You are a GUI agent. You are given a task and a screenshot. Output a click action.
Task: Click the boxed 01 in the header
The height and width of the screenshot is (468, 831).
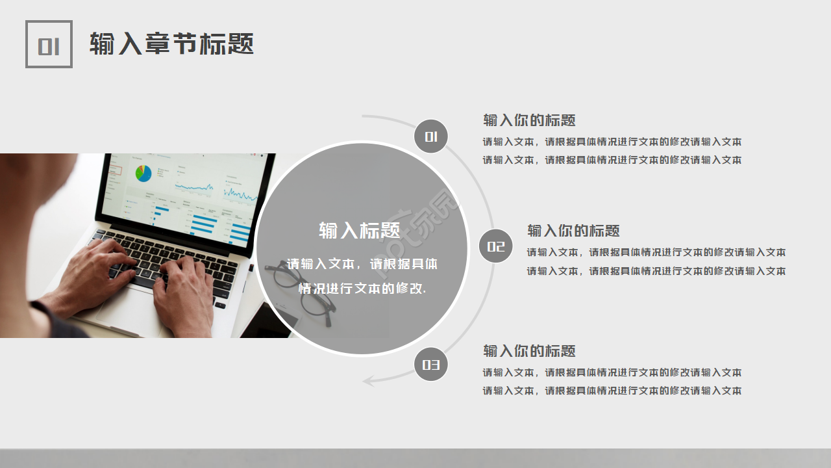pyautogui.click(x=49, y=44)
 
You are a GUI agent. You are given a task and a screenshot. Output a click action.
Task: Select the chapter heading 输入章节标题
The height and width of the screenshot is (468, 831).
pyautogui.click(x=171, y=44)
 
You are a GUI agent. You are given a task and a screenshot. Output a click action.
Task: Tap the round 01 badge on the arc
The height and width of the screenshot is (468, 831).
pyautogui.click(x=431, y=136)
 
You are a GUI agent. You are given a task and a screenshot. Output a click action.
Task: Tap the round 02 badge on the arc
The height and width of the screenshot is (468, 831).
pyautogui.click(x=496, y=246)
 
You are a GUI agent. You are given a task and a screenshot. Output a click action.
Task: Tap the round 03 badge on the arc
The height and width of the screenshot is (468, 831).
pyautogui.click(x=431, y=365)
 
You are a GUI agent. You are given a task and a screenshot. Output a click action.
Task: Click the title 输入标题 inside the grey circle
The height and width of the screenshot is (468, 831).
pyautogui.click(x=360, y=230)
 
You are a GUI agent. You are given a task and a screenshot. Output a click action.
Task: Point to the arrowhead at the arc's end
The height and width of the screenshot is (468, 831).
pyautogui.click(x=369, y=380)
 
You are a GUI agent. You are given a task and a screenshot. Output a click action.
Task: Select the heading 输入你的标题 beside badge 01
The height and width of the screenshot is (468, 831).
pyautogui.click(x=529, y=120)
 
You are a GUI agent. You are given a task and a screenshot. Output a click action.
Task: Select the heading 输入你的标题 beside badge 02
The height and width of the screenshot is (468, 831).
pyautogui.click(x=573, y=231)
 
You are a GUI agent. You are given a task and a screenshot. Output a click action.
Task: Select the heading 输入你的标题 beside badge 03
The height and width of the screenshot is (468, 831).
pyautogui.click(x=529, y=351)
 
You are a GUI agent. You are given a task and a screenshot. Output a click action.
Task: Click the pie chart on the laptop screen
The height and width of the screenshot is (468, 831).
pyautogui.click(x=143, y=173)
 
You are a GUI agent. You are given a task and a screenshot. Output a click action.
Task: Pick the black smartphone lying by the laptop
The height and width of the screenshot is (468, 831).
pyautogui.click(x=266, y=322)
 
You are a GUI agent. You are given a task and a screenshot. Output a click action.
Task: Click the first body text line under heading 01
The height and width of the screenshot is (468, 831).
pyautogui.click(x=612, y=142)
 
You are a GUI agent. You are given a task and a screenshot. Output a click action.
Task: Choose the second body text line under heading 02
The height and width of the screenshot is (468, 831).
pyautogui.click(x=656, y=271)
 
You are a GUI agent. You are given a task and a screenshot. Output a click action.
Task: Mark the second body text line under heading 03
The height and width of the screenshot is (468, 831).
pyautogui.click(x=612, y=391)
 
